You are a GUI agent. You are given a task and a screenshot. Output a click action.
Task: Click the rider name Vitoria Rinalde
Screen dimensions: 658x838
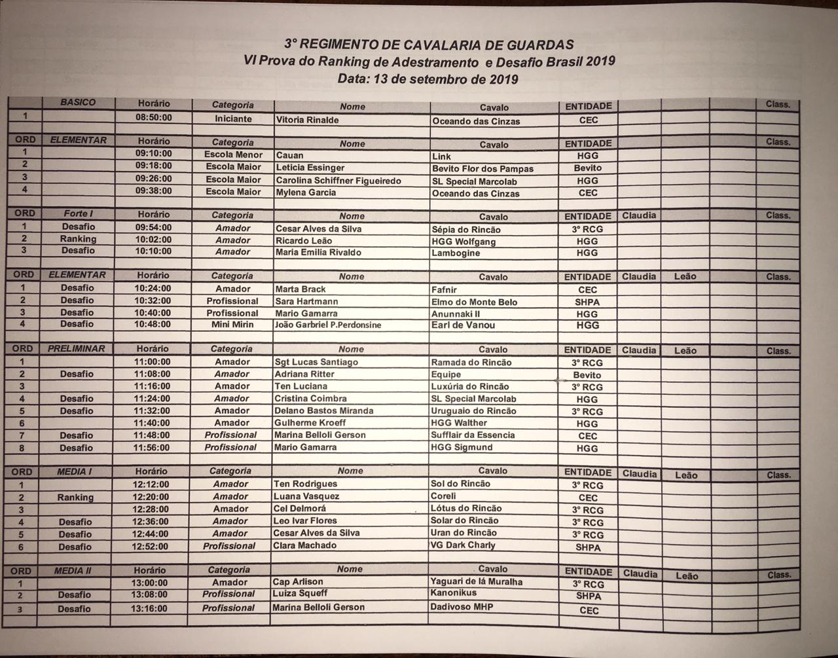coord(307,120)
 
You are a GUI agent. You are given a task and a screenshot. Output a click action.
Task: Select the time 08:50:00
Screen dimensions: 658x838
coord(154,118)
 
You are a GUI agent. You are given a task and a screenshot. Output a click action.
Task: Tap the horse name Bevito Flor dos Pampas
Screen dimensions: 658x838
coord(483,168)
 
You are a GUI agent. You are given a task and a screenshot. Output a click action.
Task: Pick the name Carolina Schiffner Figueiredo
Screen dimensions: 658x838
coord(338,180)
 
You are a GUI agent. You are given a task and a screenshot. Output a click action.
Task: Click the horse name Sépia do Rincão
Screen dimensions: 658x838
coord(465,229)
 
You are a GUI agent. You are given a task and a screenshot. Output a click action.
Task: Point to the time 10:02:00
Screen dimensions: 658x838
coord(153,240)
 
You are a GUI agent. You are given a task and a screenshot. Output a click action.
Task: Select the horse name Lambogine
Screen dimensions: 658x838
coord(456,253)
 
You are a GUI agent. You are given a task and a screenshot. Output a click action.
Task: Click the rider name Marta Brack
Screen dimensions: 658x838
coord(301,289)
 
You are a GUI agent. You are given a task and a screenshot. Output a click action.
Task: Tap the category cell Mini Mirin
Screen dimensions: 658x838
coord(232,325)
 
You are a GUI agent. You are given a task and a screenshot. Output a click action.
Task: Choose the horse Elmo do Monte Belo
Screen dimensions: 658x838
coord(474,302)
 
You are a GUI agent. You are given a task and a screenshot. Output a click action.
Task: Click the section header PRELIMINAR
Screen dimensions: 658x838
coord(76,349)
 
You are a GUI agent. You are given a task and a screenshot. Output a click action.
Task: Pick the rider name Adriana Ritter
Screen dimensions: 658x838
coord(304,374)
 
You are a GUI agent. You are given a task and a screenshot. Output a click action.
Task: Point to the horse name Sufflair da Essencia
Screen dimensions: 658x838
coord(473,435)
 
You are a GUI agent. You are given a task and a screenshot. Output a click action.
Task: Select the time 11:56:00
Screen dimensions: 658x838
coord(152,448)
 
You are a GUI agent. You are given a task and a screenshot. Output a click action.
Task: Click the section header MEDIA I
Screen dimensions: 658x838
coord(74,471)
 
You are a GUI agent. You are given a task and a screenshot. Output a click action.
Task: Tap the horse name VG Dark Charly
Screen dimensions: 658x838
coord(463,545)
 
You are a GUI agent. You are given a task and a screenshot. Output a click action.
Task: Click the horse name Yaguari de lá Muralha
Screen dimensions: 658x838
coord(476,581)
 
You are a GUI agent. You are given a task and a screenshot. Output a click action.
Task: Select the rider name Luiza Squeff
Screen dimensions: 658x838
coord(300,594)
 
